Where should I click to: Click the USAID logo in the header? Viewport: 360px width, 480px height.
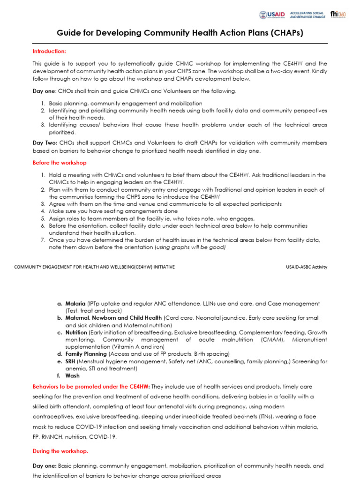point(272,15)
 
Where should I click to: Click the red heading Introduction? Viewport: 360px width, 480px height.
point(49,51)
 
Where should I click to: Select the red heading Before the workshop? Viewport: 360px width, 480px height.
point(60,163)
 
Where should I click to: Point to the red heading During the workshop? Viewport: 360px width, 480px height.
point(60,451)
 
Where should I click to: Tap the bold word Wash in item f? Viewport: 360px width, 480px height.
point(72,375)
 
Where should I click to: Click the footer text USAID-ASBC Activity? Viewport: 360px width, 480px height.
point(307,267)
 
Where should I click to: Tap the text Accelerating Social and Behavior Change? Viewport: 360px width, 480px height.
point(307,15)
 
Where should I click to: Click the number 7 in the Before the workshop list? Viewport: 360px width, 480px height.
point(42,240)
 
